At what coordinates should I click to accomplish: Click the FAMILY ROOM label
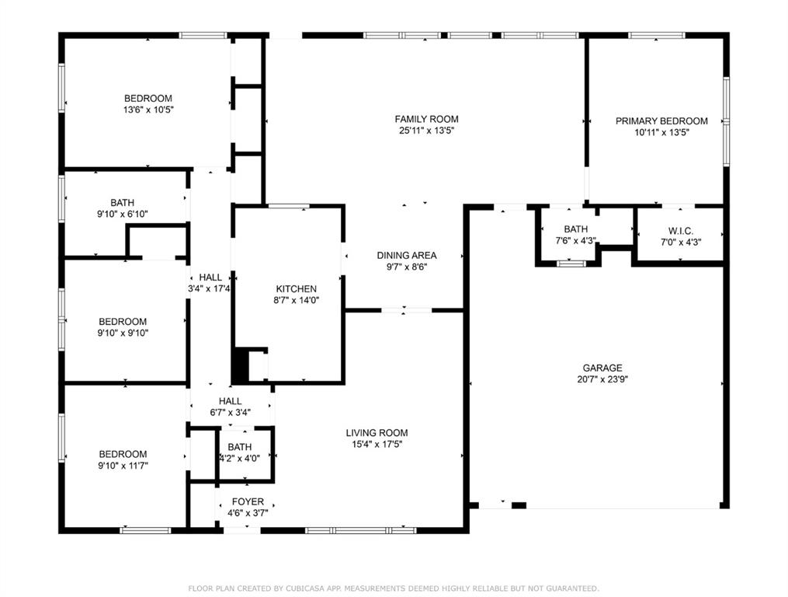click(426, 119)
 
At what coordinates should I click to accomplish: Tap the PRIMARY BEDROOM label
click(661, 121)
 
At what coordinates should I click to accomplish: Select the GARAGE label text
click(602, 368)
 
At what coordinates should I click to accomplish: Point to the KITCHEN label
click(297, 289)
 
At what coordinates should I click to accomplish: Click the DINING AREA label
click(407, 256)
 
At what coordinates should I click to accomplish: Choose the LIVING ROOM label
click(377, 433)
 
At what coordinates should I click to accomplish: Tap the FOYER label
click(248, 502)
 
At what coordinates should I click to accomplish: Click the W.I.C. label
click(681, 231)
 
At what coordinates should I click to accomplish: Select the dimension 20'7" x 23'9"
click(602, 379)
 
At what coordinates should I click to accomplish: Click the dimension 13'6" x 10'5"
click(148, 110)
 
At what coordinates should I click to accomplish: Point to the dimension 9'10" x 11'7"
click(123, 466)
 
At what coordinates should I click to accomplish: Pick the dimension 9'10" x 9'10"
click(123, 333)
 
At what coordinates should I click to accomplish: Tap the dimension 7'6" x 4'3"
click(575, 241)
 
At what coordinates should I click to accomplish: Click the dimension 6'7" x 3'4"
click(230, 413)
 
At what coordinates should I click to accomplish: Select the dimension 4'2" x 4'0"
click(240, 459)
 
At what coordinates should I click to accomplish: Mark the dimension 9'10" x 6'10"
click(122, 214)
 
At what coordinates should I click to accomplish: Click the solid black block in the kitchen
click(241, 365)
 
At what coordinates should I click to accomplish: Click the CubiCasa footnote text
click(394, 588)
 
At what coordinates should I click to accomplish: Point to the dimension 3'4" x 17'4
click(209, 289)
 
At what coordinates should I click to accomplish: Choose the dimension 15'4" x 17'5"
click(377, 445)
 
